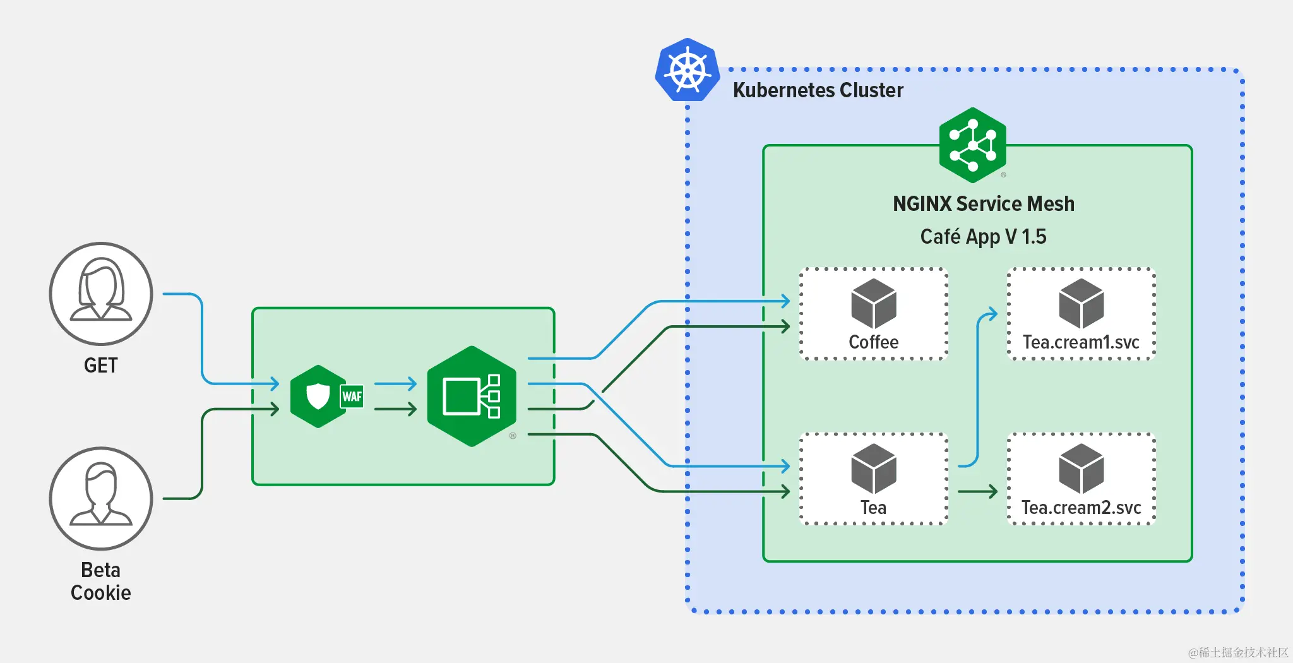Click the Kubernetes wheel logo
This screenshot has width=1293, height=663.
(x=687, y=70)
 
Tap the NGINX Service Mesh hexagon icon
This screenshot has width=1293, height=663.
(x=972, y=145)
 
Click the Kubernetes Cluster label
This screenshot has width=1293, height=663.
(x=818, y=90)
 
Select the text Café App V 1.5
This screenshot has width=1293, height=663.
(x=983, y=237)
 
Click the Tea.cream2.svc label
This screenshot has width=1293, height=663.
(x=1081, y=508)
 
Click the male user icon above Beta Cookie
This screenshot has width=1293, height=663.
(x=101, y=498)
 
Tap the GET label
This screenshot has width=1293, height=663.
(x=101, y=366)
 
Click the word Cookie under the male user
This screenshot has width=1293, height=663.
(x=101, y=593)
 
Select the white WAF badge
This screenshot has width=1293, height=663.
(x=352, y=397)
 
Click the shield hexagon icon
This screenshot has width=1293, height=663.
(x=318, y=397)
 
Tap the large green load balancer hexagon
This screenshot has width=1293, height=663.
(x=472, y=397)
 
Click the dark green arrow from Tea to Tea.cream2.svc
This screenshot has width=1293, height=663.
(x=977, y=491)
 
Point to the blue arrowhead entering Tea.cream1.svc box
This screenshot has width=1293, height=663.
(x=992, y=314)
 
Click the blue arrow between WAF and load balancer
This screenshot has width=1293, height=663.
(x=395, y=383)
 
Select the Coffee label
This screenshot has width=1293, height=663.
(x=873, y=342)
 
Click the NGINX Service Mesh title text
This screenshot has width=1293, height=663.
(x=983, y=204)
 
